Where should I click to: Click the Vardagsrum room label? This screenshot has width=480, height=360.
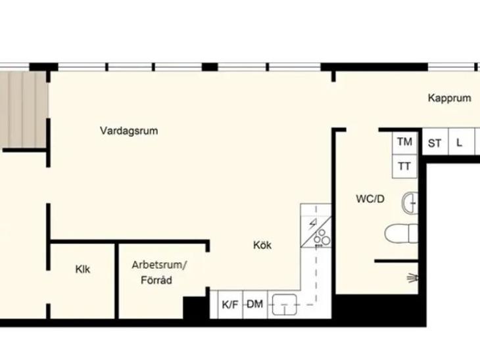pyautogui.click(x=129, y=131)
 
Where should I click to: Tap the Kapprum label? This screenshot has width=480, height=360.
pyautogui.click(x=449, y=98)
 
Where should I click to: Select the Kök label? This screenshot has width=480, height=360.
pyautogui.click(x=262, y=245)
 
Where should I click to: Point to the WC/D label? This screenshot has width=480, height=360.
pyautogui.click(x=370, y=199)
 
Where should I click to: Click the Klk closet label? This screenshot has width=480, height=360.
pyautogui.click(x=83, y=269)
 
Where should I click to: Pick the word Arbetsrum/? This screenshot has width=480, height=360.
pyautogui.click(x=159, y=265)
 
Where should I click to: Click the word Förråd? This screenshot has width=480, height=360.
pyautogui.click(x=156, y=280)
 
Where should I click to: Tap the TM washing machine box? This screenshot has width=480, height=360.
pyautogui.click(x=404, y=143)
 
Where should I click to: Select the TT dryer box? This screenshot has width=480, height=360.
pyautogui.click(x=404, y=166)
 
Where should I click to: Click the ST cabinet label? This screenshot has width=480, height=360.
pyautogui.click(x=435, y=143)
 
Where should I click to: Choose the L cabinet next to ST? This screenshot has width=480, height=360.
pyautogui.click(x=462, y=142)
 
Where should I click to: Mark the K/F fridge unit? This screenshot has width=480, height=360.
pyautogui.click(x=230, y=304)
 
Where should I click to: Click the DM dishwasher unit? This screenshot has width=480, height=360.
pyautogui.click(x=255, y=304)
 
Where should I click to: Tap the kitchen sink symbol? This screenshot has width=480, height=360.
pyautogui.click(x=285, y=305)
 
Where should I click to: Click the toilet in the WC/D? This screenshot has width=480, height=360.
pyautogui.click(x=401, y=233)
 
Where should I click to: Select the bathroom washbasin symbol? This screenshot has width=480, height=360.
pyautogui.click(x=410, y=203)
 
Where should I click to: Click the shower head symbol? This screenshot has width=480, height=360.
pyautogui.click(x=413, y=279)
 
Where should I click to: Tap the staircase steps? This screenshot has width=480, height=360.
pyautogui.click(x=23, y=110)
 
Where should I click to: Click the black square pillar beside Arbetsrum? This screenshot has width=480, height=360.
pyautogui.click(x=194, y=307)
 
